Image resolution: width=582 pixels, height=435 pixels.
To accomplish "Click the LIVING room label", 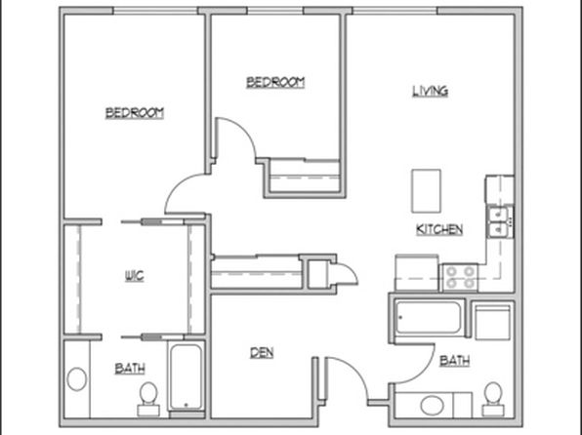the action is [x=431, y=91].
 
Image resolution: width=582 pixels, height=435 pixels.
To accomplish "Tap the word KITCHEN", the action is [x=439, y=229].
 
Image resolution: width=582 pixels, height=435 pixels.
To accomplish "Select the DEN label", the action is [x=262, y=353].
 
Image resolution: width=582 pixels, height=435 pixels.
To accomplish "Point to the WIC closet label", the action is [x=134, y=276].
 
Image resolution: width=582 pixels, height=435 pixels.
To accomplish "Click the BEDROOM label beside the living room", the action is [x=275, y=82].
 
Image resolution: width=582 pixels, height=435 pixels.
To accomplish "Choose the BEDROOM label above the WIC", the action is [x=135, y=113].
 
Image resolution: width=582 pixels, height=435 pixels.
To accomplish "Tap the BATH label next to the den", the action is [x=130, y=369].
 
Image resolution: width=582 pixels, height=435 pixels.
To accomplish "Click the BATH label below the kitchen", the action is [x=455, y=361].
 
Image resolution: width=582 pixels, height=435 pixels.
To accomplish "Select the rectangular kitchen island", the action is [x=426, y=191].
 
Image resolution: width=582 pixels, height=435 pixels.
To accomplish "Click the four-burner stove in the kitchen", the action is [x=460, y=277].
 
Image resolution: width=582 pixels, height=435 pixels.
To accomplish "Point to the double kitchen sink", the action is [x=499, y=222].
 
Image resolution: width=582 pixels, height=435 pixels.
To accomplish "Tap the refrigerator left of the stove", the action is [x=417, y=273].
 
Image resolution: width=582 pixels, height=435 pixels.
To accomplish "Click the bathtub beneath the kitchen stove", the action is [x=429, y=318].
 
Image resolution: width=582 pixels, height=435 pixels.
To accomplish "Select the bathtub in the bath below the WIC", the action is [x=187, y=377].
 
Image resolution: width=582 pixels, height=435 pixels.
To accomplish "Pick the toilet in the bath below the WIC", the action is [x=148, y=399].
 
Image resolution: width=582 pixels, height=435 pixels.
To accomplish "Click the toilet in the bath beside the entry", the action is [x=493, y=399].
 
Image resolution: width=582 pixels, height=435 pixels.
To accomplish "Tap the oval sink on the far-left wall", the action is [x=77, y=379].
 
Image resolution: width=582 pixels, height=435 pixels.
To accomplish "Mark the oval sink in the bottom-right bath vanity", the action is [x=432, y=406].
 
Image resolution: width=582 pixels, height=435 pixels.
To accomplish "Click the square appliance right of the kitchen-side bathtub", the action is [x=493, y=322].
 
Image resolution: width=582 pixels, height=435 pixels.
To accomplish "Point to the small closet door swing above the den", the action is [x=344, y=273].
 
